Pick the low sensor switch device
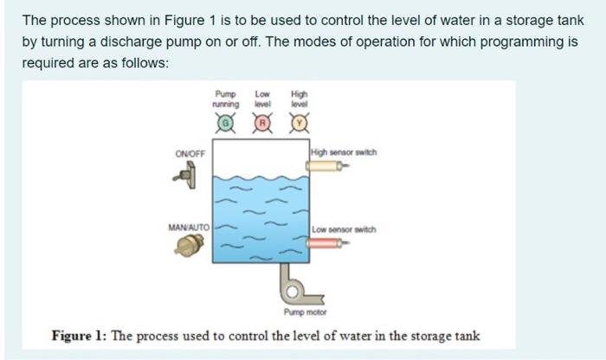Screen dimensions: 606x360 point(330,244)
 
